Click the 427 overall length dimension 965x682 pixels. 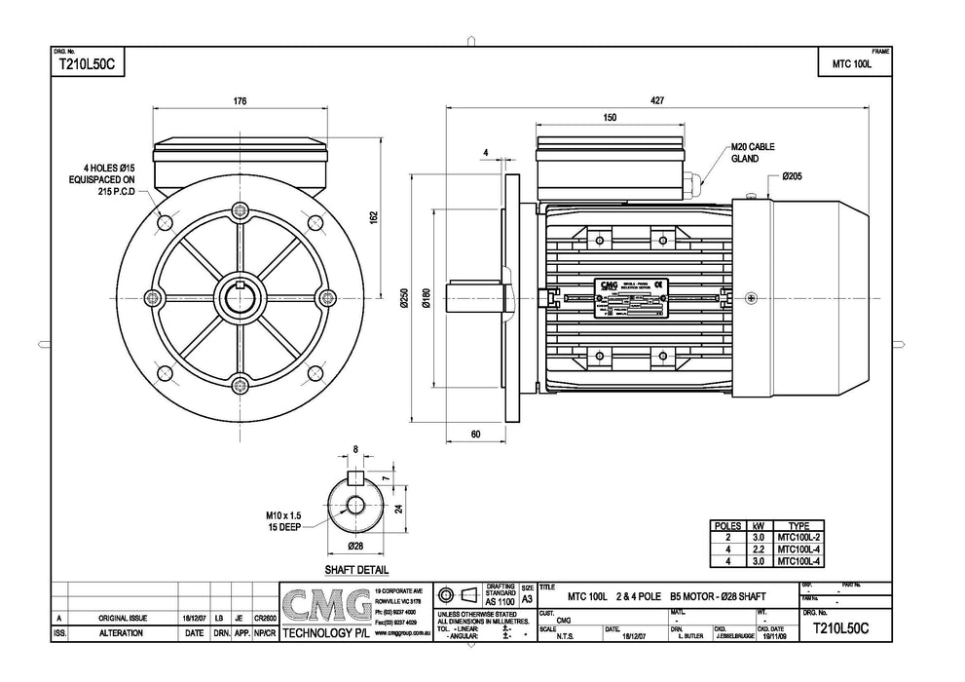point(658,100)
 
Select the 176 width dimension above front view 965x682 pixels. point(240,100)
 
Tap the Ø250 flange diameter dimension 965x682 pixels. point(403,302)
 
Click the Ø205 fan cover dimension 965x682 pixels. point(791,176)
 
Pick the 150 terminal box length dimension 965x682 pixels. point(610,118)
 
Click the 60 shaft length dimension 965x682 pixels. point(474,434)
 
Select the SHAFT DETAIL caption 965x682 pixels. point(355,570)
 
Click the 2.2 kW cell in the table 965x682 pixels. point(757,549)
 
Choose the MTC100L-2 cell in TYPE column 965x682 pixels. point(798,537)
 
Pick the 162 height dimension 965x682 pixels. point(374,217)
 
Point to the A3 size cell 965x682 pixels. point(527,601)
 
